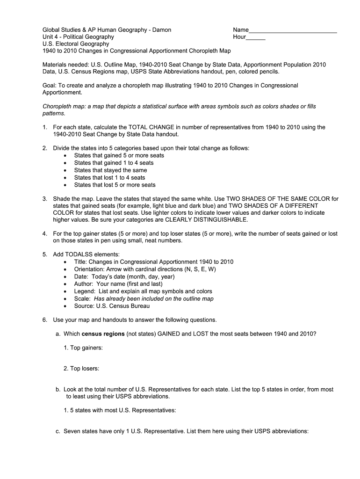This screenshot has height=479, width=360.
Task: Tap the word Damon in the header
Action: tap(161, 30)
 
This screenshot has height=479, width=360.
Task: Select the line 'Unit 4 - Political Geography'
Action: tap(78, 37)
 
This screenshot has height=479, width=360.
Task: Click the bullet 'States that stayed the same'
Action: tap(110, 170)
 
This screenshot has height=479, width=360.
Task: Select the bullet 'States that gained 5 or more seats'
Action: tap(119, 155)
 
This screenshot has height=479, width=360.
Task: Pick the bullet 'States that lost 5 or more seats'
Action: tap(115, 185)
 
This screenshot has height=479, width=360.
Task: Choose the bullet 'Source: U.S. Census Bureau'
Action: tap(112, 306)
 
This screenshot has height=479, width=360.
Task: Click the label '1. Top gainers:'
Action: tap(83, 348)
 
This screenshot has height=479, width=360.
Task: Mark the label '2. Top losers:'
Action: tap(81, 369)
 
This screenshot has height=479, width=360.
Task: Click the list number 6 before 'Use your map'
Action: tap(44, 320)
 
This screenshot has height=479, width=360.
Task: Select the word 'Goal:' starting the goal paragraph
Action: tap(50, 86)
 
